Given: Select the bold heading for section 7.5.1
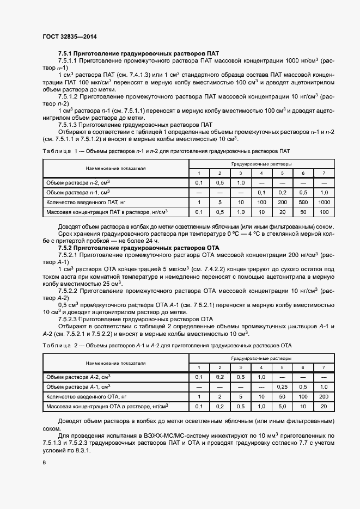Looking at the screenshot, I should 138,54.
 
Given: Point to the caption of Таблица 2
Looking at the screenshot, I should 167,345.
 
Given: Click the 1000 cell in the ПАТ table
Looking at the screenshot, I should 324,202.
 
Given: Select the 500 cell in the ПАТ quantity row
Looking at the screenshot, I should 303,202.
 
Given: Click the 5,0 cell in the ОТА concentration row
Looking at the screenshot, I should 282,406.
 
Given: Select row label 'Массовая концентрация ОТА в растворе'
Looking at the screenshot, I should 107,406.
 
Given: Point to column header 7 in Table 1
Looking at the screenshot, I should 324,173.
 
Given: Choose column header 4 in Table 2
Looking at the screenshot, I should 261,367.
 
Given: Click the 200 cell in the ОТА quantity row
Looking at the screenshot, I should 324,396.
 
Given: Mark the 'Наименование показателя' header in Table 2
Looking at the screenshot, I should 115,363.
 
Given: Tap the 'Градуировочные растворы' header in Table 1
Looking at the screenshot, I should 261,163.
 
